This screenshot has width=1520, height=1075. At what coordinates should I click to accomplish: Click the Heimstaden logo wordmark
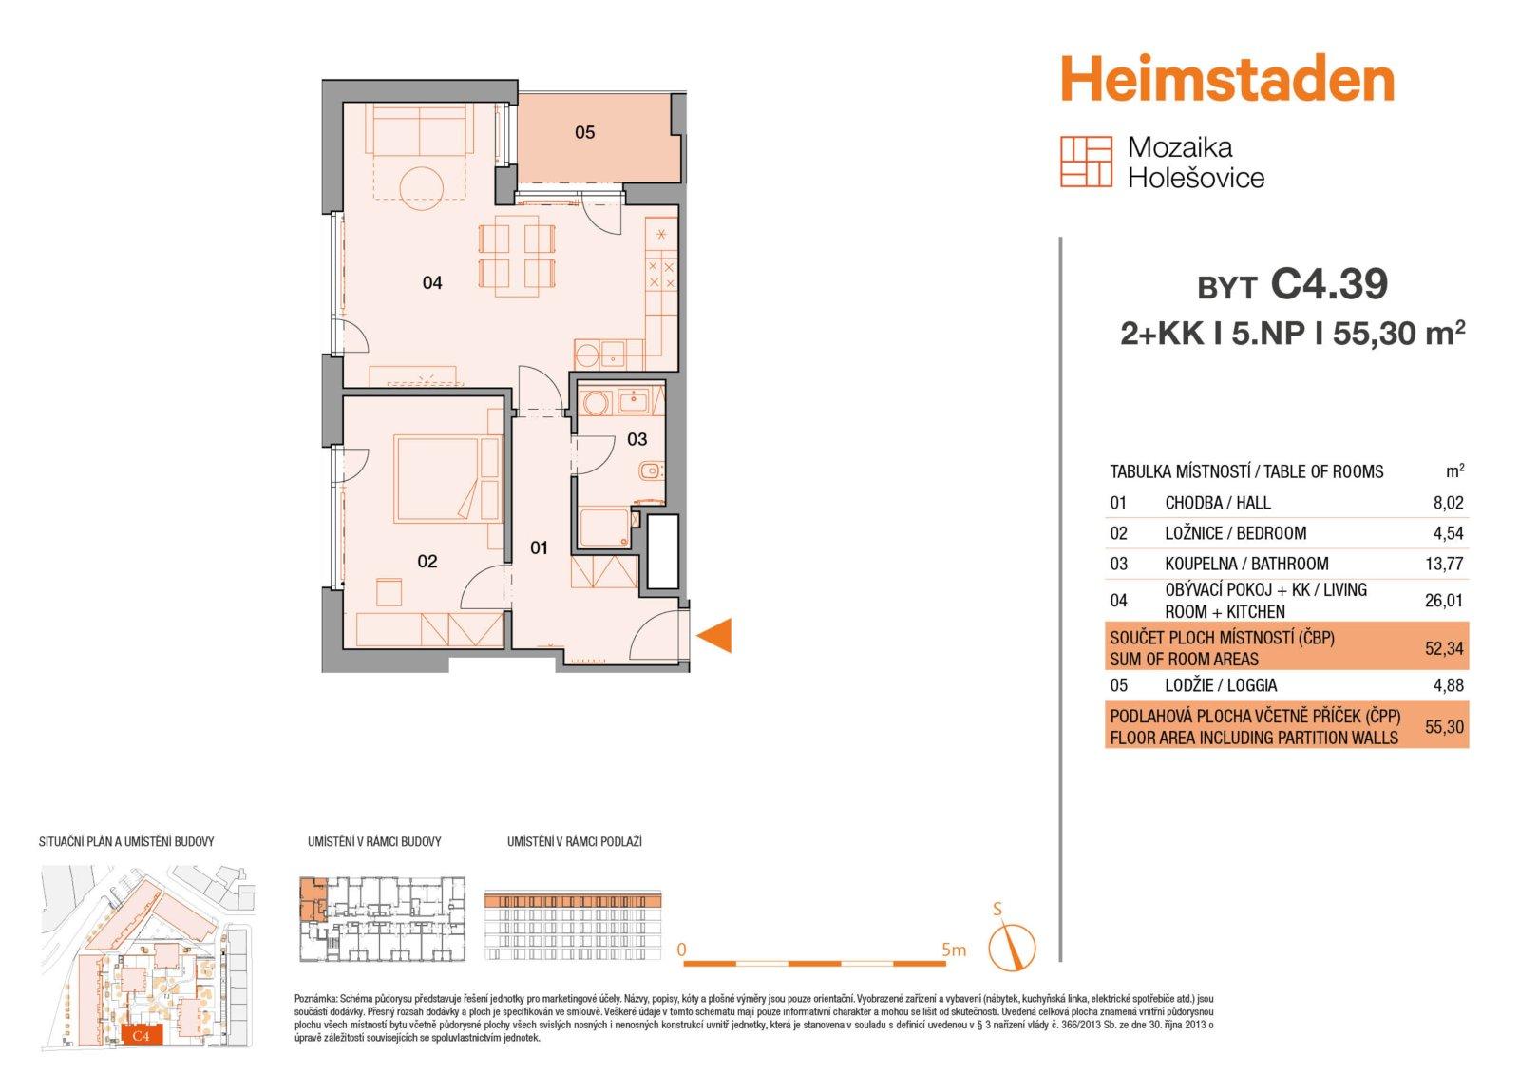(1226, 81)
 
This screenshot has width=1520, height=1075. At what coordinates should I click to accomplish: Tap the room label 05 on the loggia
(585, 132)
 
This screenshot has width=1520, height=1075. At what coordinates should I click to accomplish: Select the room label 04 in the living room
(432, 282)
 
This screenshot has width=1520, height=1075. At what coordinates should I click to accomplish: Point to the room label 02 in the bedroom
(427, 561)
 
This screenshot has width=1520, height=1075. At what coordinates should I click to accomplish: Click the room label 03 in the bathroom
(636, 439)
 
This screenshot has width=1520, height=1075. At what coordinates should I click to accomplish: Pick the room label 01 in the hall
(539, 547)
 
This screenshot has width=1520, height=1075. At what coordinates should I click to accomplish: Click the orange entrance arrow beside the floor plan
(714, 635)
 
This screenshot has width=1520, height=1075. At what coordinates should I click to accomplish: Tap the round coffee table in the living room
(422, 187)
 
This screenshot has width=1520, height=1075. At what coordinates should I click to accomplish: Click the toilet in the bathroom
(651, 470)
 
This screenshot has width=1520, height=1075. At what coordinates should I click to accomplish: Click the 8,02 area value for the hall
(1449, 503)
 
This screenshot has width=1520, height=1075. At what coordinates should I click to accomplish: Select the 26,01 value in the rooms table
(1444, 600)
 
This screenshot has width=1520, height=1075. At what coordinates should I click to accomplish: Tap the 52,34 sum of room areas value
(1444, 648)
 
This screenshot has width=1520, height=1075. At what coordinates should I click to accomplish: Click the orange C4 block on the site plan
(142, 1036)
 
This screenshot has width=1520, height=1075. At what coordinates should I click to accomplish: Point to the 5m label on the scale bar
(954, 950)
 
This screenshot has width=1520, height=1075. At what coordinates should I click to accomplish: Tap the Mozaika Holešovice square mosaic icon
(1087, 162)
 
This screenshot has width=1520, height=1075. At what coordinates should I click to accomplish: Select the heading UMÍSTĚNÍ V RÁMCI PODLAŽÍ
(575, 841)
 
